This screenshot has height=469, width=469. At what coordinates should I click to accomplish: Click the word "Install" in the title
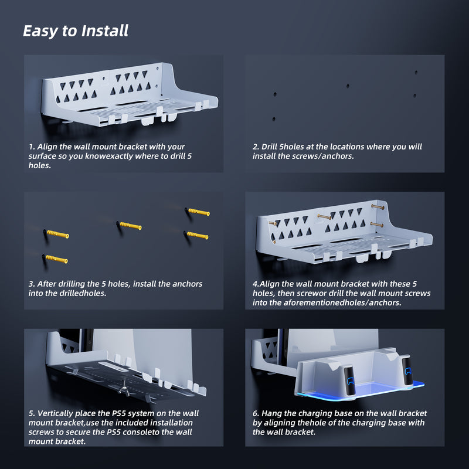[105, 31]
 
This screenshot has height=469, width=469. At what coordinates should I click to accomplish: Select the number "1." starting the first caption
[32, 147]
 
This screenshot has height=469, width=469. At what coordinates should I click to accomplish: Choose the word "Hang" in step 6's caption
[271, 413]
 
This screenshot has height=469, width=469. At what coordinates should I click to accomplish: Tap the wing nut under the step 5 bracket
[124, 389]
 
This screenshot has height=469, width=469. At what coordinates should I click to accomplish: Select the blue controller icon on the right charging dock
[408, 371]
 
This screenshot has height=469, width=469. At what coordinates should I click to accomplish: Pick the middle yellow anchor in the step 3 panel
[130, 226]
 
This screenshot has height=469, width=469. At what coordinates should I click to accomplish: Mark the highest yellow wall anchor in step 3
[199, 212]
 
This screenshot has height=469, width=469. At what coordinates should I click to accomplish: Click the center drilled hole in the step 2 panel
[348, 86]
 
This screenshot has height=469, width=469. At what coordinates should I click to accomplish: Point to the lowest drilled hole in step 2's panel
[274, 119]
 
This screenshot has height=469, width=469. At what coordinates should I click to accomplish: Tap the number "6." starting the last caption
[256, 413]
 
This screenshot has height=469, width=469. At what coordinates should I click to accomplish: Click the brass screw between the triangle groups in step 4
[324, 216]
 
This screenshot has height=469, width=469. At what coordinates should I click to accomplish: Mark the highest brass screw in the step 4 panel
[378, 207]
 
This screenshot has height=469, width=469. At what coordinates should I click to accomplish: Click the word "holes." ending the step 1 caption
[40, 165]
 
